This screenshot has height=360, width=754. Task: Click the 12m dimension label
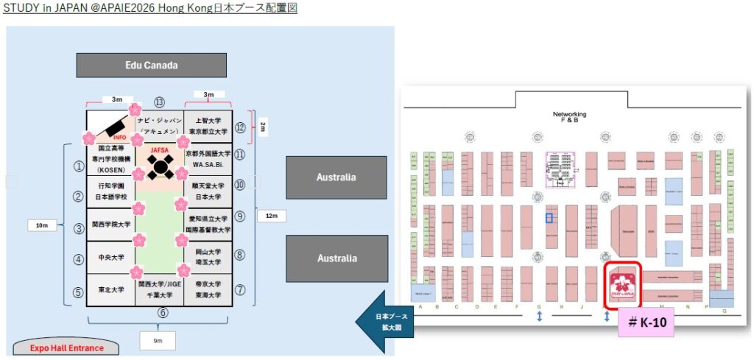pos(271,216)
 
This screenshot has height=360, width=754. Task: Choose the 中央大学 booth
pos(111,258)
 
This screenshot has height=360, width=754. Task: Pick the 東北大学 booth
pos(111,290)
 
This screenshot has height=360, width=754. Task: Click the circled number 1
pos(77,166)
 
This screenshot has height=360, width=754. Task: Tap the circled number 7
pos(240,290)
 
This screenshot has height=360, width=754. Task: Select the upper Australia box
pos(336,177)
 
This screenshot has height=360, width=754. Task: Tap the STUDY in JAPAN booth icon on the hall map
pos(622,284)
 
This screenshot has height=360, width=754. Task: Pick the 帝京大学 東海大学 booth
pos(208,289)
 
